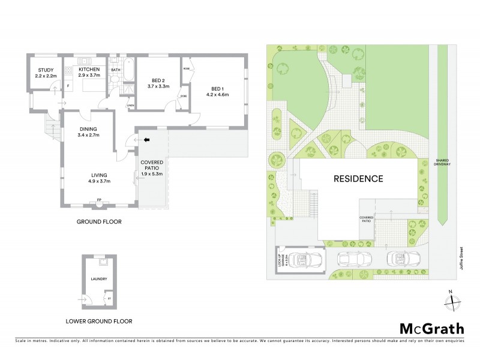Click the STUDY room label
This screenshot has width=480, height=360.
click(x=46, y=70)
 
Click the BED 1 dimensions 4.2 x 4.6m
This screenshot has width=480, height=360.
click(x=217, y=94)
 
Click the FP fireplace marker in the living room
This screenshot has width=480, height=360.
click(x=99, y=199)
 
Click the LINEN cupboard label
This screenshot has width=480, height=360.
click(x=130, y=105)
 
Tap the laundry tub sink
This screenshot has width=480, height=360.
click(x=103, y=262)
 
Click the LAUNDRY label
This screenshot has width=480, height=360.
click(x=98, y=279)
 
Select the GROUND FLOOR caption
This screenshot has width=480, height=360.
click(x=99, y=221)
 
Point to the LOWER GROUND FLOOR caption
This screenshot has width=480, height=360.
click(x=99, y=321)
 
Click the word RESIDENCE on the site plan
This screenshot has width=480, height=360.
click(x=358, y=178)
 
